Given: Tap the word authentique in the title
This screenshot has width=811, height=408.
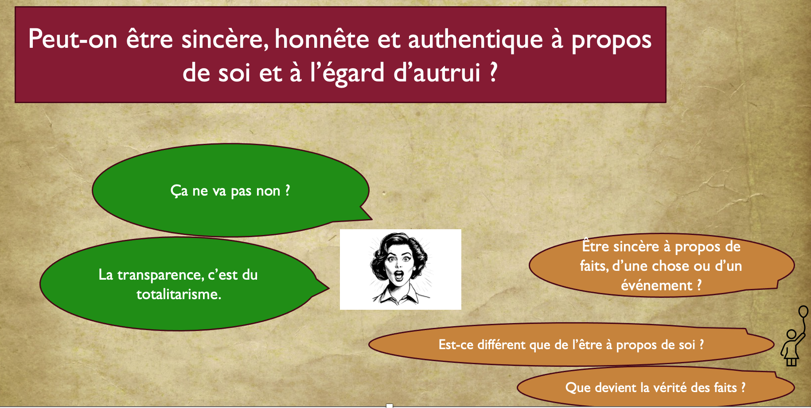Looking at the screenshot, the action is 475,39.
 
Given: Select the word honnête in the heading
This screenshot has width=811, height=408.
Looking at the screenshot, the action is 322,39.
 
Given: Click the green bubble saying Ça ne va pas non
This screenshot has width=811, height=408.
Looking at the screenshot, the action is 230,190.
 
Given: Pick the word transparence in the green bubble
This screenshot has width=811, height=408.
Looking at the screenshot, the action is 160,275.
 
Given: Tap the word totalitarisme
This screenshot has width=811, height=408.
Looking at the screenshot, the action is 179,294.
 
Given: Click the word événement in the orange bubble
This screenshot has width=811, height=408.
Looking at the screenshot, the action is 656,285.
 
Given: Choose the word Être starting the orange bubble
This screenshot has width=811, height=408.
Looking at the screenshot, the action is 595,246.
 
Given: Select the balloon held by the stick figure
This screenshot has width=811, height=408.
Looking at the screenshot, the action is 803,312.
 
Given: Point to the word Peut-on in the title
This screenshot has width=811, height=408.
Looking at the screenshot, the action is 73,39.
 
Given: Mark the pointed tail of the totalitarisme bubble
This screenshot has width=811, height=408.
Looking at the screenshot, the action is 328,289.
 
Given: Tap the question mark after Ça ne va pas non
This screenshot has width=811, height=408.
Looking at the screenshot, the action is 288,190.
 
